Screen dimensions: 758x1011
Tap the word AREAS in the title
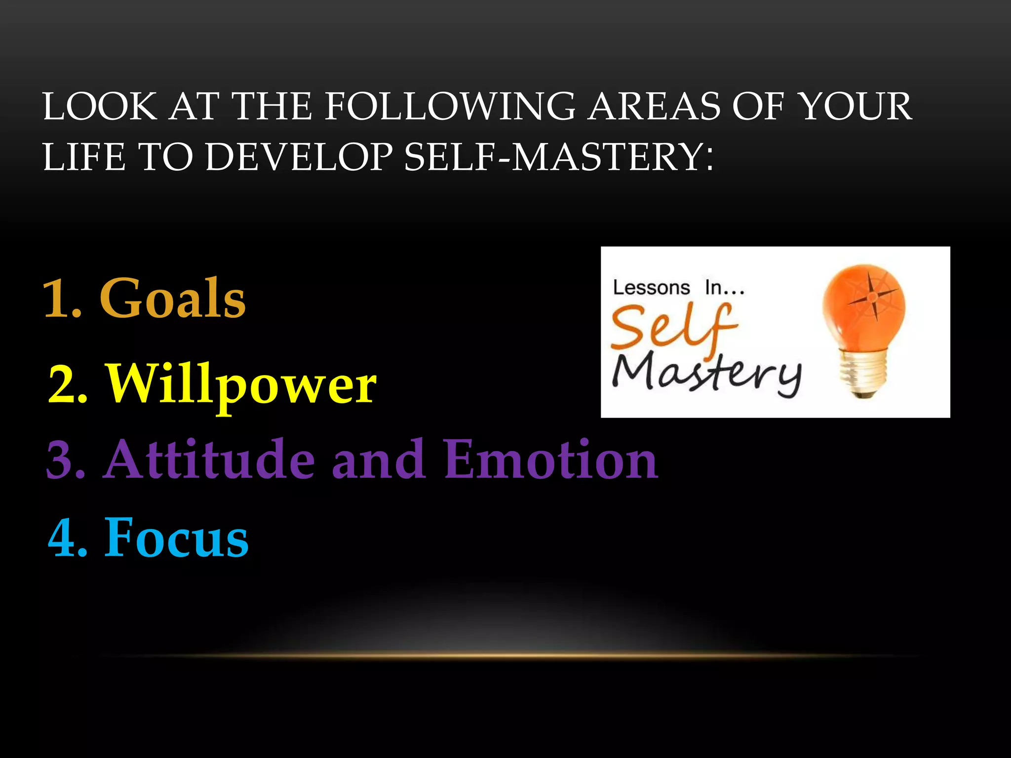coord(654,107)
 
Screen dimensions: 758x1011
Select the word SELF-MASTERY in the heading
coord(558,157)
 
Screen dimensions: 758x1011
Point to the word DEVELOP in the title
coord(299,157)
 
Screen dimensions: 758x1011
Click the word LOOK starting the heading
coord(99,107)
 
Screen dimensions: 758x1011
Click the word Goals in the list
coord(172,299)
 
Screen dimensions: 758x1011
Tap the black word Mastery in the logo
coord(706,373)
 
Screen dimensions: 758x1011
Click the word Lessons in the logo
coord(651,288)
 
